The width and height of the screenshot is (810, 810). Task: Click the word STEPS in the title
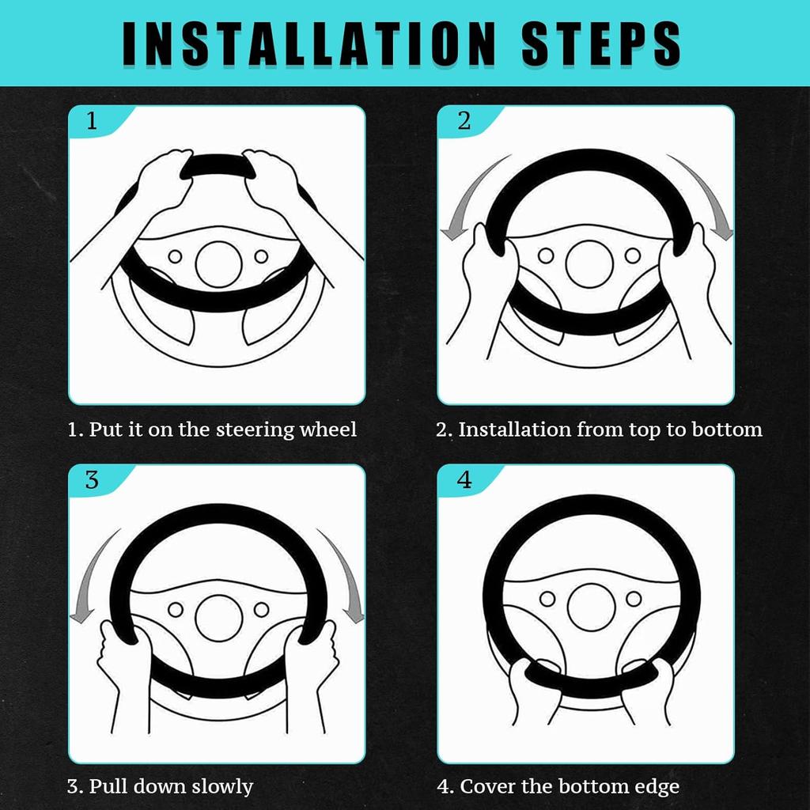pyautogui.click(x=601, y=44)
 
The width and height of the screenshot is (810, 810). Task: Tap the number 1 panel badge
pyautogui.click(x=92, y=121)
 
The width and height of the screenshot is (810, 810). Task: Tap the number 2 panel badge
pyautogui.click(x=464, y=121)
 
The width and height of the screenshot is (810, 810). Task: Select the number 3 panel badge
pyautogui.click(x=92, y=480)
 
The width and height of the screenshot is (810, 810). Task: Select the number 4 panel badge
pyautogui.click(x=464, y=480)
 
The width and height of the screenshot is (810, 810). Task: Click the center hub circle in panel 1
pyautogui.click(x=218, y=264)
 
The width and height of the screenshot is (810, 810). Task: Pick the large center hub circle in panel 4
pyautogui.click(x=591, y=607)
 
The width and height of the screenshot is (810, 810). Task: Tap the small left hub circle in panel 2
pyautogui.click(x=546, y=255)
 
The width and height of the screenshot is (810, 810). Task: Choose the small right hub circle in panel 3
pyautogui.click(x=261, y=609)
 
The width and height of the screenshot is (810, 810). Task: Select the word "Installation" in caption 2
pyautogui.click(x=514, y=430)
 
